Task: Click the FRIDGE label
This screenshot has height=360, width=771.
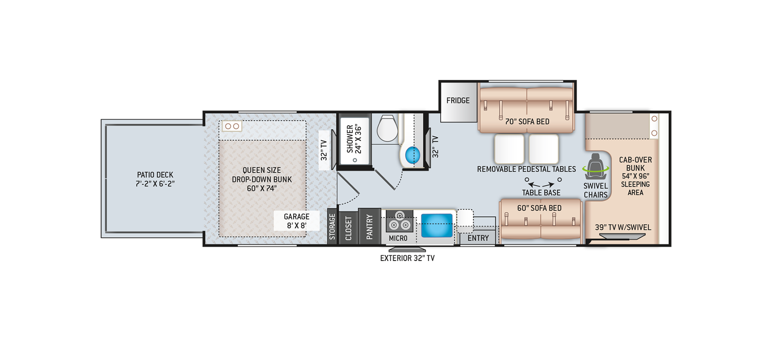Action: click(x=458, y=100)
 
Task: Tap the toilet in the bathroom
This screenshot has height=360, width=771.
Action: click(x=387, y=128)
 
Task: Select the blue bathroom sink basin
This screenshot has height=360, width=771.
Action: click(x=412, y=156)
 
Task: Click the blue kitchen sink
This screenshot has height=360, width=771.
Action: click(x=436, y=225)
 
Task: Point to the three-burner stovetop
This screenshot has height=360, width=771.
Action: click(x=399, y=221)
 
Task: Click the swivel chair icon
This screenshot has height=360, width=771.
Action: click(x=595, y=166)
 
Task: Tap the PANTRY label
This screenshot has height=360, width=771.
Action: click(x=369, y=227)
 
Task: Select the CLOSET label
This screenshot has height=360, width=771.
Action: click(x=348, y=228)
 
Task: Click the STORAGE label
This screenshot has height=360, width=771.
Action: click(x=332, y=227)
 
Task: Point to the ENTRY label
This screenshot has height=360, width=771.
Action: click(x=478, y=238)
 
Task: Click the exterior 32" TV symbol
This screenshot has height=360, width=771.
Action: click(x=407, y=249)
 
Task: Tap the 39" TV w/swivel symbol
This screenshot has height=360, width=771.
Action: click(x=622, y=237)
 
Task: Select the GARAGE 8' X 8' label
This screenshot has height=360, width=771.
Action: click(x=296, y=221)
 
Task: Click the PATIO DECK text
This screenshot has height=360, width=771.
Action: click(x=155, y=175)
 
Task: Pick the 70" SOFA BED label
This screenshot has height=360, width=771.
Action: click(x=527, y=122)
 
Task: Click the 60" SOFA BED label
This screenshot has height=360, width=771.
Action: click(x=539, y=208)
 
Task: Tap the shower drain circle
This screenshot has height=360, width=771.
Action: click(x=355, y=160)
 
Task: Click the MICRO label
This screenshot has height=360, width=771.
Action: click(x=398, y=238)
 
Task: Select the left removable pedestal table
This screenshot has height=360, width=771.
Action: click(x=509, y=149)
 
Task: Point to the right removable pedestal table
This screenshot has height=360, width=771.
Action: click(x=544, y=149)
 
